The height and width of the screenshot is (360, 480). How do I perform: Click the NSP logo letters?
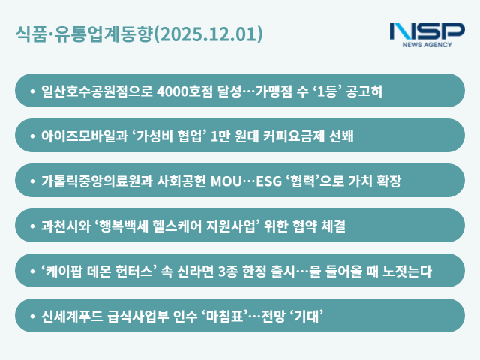427,31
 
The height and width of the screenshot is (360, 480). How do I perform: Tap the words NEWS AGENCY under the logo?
427,45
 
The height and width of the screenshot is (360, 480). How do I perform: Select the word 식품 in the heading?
30,34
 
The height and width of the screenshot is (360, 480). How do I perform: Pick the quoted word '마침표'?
228,316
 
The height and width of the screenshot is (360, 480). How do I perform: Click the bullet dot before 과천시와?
32,226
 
